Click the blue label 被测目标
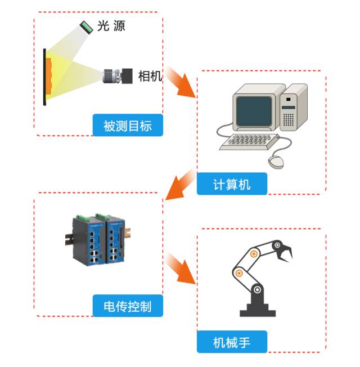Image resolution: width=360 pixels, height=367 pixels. (x=128, y=125)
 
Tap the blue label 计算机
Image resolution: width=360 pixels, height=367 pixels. (x=232, y=184)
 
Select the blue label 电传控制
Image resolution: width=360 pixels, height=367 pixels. (x=128, y=306)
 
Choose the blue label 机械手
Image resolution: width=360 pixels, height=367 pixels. (x=232, y=342)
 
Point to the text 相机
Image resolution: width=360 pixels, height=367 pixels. (x=150, y=76)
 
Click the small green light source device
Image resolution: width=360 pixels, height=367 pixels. (x=86, y=26)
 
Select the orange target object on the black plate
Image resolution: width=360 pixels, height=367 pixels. (x=49, y=76)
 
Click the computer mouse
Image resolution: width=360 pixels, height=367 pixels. (x=276, y=162)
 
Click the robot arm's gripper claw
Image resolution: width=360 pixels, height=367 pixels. (x=285, y=251)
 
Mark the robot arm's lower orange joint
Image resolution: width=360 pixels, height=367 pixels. (x=240, y=273)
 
